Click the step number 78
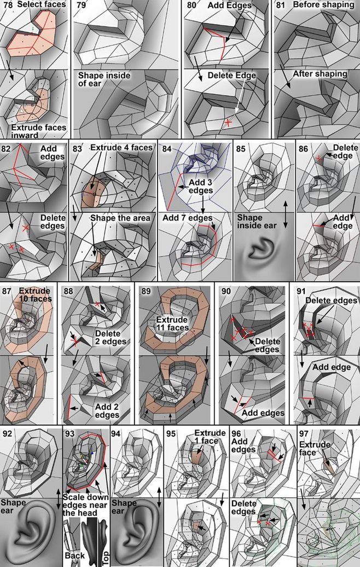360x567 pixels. [7, 5]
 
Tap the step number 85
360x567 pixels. [240, 149]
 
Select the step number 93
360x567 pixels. [69, 433]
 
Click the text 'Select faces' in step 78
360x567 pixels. [42, 5]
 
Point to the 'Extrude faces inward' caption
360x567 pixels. [39, 131]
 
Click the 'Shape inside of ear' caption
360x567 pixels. [104, 79]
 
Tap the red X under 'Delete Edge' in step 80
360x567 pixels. [228, 123]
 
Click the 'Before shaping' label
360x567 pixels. [323, 5]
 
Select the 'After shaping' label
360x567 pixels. [320, 74]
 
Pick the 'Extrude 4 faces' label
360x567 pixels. [121, 148]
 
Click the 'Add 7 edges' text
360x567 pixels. [187, 218]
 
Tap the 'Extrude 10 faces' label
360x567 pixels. [35, 294]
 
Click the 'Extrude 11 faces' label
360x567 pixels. [172, 324]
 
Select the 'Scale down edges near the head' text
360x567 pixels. [86, 505]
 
